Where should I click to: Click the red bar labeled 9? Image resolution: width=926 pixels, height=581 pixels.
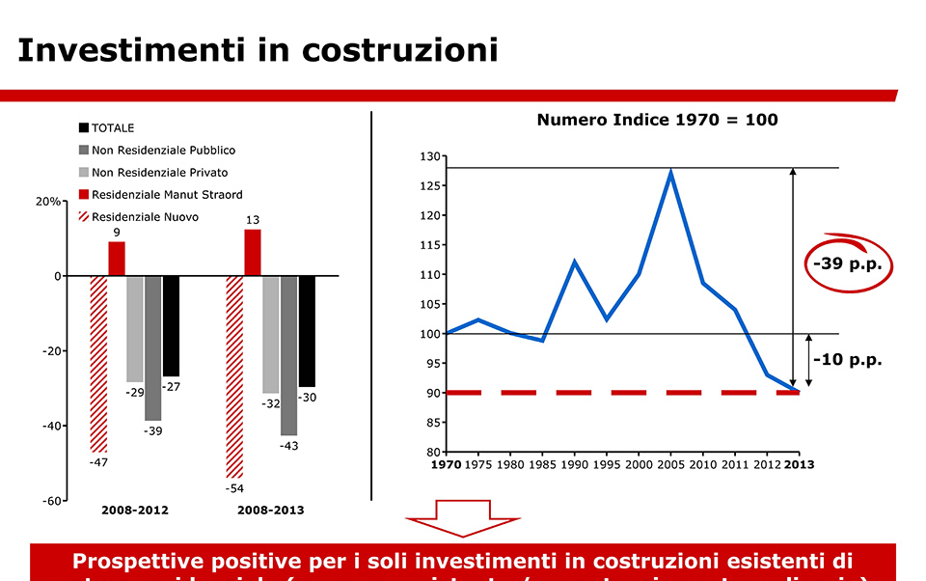click(x=117, y=259)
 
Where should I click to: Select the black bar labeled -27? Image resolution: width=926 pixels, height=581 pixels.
click(x=171, y=325)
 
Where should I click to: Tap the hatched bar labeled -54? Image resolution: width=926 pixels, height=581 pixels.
click(x=234, y=376)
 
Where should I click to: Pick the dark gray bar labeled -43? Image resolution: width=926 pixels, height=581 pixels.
click(x=289, y=355)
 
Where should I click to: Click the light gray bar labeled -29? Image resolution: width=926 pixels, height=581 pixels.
click(x=135, y=329)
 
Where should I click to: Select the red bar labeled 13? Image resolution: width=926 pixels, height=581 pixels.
click(x=253, y=252)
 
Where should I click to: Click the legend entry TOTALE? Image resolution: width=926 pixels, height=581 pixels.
click(x=112, y=127)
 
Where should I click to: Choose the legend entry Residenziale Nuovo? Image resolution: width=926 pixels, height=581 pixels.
click(x=145, y=217)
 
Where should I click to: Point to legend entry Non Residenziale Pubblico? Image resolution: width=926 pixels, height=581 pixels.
click(x=163, y=150)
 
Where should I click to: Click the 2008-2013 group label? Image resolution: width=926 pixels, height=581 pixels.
click(x=270, y=511)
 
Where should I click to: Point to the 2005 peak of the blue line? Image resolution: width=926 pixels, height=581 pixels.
click(x=670, y=173)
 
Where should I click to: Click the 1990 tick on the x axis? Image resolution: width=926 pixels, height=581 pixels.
click(x=574, y=465)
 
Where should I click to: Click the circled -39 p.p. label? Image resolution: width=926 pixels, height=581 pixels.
click(x=848, y=263)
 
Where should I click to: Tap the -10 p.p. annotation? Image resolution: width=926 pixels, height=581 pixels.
click(x=847, y=360)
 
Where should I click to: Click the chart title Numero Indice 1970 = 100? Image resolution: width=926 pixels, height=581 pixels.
click(x=657, y=121)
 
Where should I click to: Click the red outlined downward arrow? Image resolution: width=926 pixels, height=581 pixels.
click(x=463, y=518)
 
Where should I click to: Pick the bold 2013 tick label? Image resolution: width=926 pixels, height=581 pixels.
click(x=799, y=465)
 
